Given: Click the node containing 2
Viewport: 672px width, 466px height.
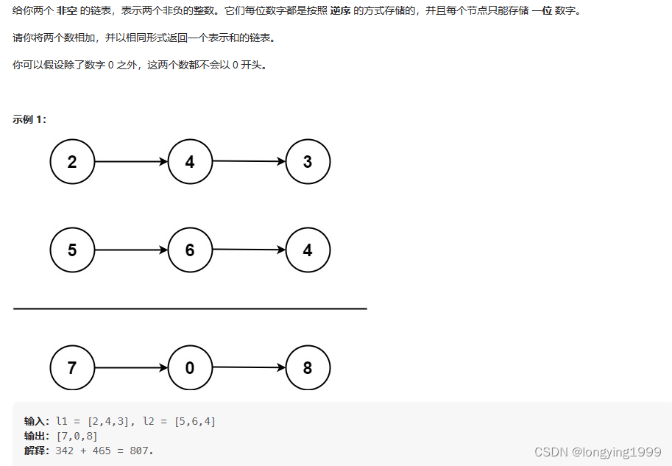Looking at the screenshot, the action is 72,162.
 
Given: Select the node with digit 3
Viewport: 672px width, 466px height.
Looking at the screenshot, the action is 308,162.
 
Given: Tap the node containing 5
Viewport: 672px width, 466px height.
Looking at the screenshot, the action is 72,250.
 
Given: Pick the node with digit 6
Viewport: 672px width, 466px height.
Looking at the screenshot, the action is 190,250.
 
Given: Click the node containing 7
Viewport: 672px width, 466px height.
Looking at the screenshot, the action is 72,368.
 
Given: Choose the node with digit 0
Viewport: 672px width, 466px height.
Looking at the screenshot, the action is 190,368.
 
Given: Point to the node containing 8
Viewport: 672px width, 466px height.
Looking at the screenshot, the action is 308,368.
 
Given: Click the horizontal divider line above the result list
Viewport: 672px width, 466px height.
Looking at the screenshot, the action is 190,309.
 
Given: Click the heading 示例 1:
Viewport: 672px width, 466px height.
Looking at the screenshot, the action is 29,119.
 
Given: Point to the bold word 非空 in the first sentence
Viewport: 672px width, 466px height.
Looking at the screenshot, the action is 67,12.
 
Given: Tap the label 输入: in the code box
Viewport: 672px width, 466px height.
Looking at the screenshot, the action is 37,421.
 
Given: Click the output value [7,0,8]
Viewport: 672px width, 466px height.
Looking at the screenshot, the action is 77,436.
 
